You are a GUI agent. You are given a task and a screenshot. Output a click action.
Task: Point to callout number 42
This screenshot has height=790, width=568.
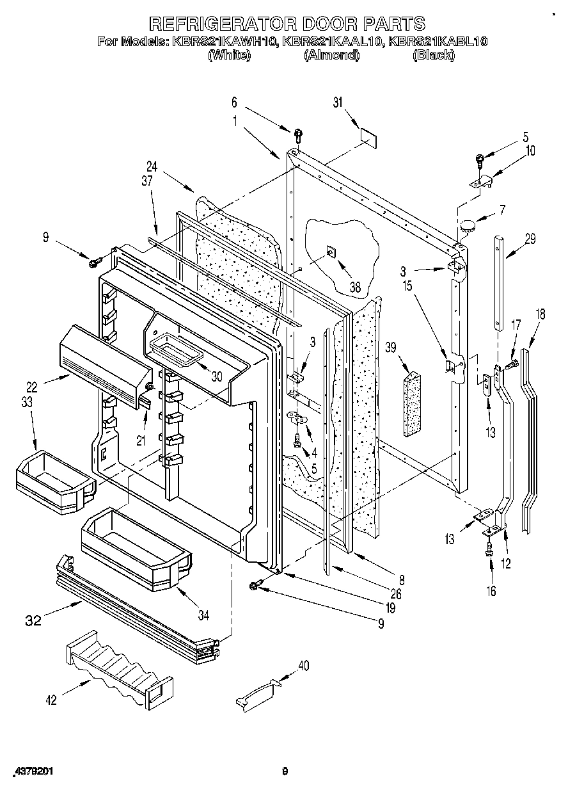pos(51,700)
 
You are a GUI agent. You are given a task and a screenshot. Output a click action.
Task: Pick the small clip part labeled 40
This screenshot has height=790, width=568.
pos(260,693)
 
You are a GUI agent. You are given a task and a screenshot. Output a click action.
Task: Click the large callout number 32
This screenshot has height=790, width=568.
pos(34,620)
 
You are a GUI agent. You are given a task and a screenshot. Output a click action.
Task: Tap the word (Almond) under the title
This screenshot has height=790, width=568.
pos(331,56)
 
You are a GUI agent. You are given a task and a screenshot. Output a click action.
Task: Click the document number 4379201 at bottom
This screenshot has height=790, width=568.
pos(31,771)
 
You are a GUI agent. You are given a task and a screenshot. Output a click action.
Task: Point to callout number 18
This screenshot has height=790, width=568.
pos(540,314)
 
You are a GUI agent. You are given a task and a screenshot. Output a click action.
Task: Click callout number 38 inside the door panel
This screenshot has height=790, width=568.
pos(354,288)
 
